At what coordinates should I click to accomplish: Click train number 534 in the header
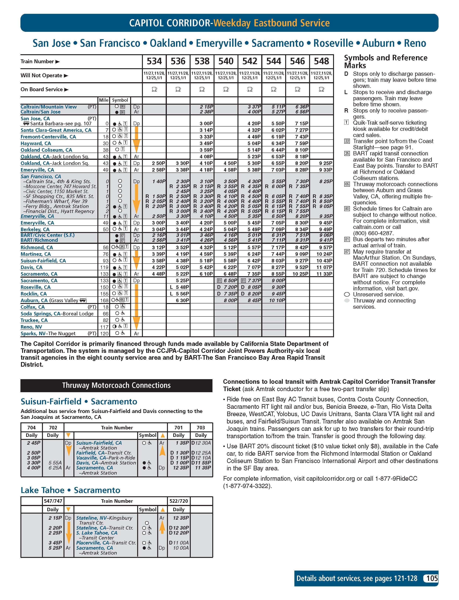(154, 61)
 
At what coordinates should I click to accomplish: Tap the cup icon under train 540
(226, 89)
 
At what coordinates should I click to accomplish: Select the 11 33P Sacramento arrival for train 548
(324, 274)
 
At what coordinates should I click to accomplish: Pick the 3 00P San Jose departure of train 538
(206, 124)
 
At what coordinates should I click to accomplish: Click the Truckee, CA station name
(34, 320)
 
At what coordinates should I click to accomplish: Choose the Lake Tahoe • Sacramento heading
(71, 490)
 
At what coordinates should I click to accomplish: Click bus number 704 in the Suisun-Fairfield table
(31, 428)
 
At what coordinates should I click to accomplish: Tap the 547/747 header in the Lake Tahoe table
(53, 501)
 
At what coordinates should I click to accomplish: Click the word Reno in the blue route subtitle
(415, 43)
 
